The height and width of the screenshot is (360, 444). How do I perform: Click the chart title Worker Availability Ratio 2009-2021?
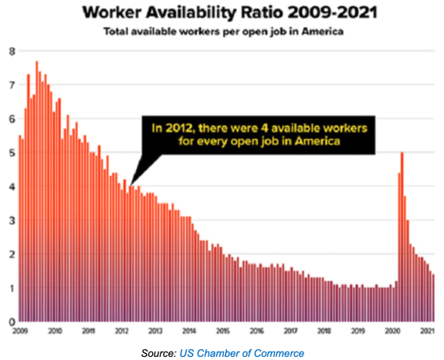[229, 12]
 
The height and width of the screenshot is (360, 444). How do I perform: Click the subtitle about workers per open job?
[223, 31]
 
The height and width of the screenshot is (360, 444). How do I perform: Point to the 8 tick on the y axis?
[12, 52]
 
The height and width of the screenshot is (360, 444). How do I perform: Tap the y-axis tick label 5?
[12, 153]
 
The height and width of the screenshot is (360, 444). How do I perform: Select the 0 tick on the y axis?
[12, 322]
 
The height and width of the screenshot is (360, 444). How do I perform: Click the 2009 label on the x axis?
[20, 331]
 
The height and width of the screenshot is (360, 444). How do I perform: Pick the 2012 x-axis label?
[122, 331]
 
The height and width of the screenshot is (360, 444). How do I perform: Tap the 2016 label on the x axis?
[257, 331]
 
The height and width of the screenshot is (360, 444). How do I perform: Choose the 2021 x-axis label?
[427, 331]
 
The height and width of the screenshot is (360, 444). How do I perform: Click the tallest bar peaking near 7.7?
[37, 192]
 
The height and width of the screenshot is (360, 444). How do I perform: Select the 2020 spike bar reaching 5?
[402, 237]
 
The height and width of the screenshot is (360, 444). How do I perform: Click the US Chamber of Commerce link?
[242, 353]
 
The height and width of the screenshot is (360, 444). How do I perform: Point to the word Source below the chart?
[159, 353]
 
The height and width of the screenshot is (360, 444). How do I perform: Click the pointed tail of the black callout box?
[130, 185]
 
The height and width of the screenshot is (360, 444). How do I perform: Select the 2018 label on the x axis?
[324, 331]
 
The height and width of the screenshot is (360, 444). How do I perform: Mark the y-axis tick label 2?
[12, 254]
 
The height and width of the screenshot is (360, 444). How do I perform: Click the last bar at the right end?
[433, 298]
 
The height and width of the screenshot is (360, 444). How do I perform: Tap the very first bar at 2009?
[20, 229]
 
